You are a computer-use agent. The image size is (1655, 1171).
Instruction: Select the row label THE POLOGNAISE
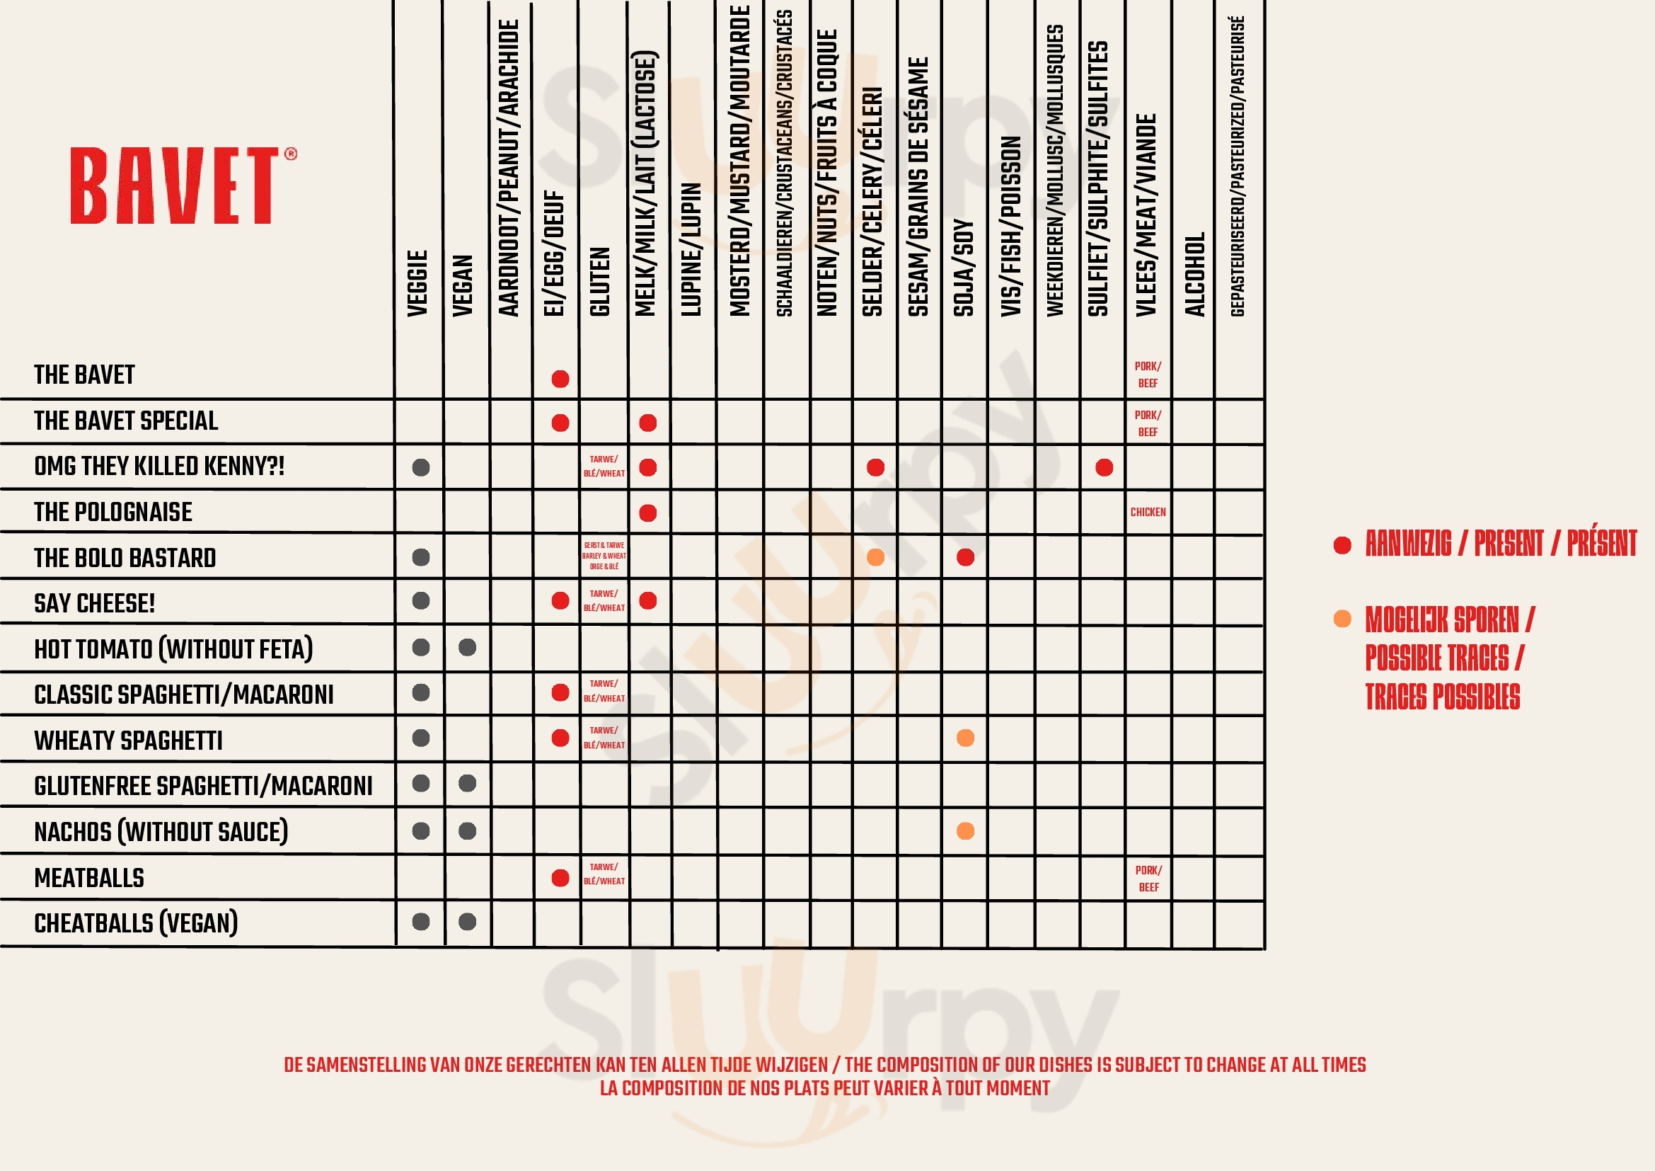pos(113,512)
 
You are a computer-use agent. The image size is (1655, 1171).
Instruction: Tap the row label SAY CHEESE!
pos(94,603)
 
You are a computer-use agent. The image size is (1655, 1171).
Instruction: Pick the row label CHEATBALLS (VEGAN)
pos(136,923)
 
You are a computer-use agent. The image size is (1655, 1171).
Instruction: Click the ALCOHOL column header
pos(1194,274)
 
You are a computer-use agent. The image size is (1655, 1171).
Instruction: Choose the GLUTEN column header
pos(600,281)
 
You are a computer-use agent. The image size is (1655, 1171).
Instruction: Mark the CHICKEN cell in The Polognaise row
pos(1148,512)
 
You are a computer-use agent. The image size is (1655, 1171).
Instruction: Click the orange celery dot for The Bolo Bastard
pos(875,557)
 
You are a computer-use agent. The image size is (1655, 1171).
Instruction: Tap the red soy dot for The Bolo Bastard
pos(965,557)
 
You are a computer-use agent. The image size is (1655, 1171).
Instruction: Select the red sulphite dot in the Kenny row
pos(1104,467)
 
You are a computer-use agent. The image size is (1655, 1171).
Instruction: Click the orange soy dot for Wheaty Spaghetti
pos(965,738)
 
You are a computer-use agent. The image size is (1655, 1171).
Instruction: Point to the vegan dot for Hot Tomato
pos(467,648)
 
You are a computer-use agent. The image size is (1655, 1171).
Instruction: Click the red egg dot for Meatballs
pos(560,877)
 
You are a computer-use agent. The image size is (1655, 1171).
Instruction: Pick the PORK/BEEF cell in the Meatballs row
pos(1148,878)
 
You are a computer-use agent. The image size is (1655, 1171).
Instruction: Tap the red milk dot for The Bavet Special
pos(647,423)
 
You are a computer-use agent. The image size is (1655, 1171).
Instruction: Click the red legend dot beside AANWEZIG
pos(1342,545)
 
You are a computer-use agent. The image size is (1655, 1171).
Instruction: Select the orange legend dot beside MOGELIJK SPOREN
pos(1342,619)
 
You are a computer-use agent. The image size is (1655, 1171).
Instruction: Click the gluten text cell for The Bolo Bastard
pos(604,556)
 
